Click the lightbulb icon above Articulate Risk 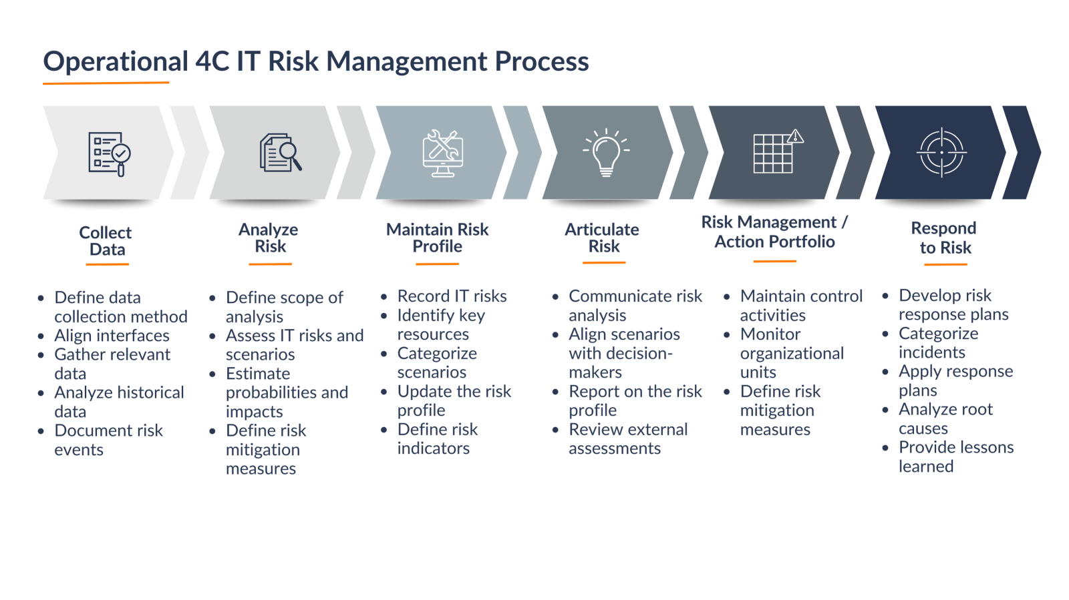pyautogui.click(x=606, y=152)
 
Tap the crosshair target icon pyautogui.click(x=941, y=152)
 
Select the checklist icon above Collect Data pyautogui.click(x=110, y=154)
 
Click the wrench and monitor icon pyautogui.click(x=442, y=154)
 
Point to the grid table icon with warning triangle pyautogui.click(x=778, y=151)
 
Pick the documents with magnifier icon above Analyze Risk pyautogui.click(x=281, y=152)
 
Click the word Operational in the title pyautogui.click(x=116, y=62)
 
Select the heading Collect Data pyautogui.click(x=106, y=241)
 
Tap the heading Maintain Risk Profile pyautogui.click(x=437, y=238)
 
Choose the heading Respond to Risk pyautogui.click(x=944, y=238)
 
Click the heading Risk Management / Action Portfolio pyautogui.click(x=774, y=232)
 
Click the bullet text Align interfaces pyautogui.click(x=112, y=336)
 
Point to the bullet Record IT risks pyautogui.click(x=452, y=296)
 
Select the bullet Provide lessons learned pyautogui.click(x=956, y=457)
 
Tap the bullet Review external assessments pyautogui.click(x=628, y=438)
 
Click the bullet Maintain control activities pyautogui.click(x=801, y=306)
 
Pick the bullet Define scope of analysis pyautogui.click(x=284, y=307)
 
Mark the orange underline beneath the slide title pyautogui.click(x=106, y=83)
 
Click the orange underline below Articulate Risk pyautogui.click(x=604, y=262)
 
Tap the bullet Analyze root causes pyautogui.click(x=945, y=418)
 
